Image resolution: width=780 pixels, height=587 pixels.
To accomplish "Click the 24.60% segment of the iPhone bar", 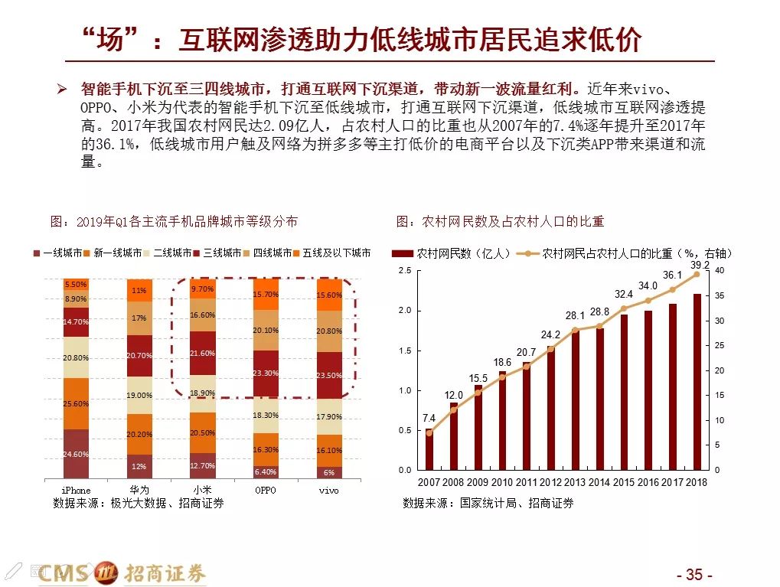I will pos(76,454).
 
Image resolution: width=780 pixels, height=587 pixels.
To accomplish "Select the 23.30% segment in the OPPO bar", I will pos(265,373).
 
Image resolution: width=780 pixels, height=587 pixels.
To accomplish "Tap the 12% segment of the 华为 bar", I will pos(139,466).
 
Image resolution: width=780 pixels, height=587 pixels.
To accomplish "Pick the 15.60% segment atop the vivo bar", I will pos(329,295).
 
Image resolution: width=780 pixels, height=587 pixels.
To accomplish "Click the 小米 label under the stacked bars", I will pos(202,490).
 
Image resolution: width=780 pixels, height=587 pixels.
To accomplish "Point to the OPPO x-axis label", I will pos(265,490).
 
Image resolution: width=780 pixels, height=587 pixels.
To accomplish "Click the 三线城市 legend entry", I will pos(221,253).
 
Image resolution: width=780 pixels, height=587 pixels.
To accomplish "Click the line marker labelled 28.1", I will pos(575,330).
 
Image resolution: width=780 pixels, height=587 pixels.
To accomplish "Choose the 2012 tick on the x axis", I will pos(551,482).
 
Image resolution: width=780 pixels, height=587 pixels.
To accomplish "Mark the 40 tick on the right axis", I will pos(720,271).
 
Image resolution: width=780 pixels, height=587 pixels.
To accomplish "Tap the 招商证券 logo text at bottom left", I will pos(165,572).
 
